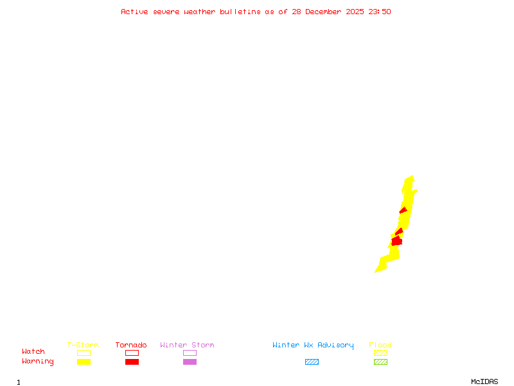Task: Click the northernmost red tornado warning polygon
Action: (x=403, y=210)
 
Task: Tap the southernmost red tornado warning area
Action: (x=396, y=241)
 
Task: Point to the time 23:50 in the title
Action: (x=380, y=12)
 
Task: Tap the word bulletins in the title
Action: (x=241, y=12)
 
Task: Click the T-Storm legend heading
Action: (x=83, y=345)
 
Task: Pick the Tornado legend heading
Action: (x=131, y=345)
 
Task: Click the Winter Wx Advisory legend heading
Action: (x=313, y=345)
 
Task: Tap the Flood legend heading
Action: (x=380, y=345)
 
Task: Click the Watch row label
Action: (x=33, y=352)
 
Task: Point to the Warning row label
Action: (x=38, y=362)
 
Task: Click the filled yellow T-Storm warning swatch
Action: (x=84, y=362)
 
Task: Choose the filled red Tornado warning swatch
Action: (x=132, y=362)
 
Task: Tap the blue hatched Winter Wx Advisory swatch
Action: (x=312, y=362)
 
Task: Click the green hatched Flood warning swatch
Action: (x=380, y=362)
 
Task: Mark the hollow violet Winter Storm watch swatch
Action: (x=190, y=353)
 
